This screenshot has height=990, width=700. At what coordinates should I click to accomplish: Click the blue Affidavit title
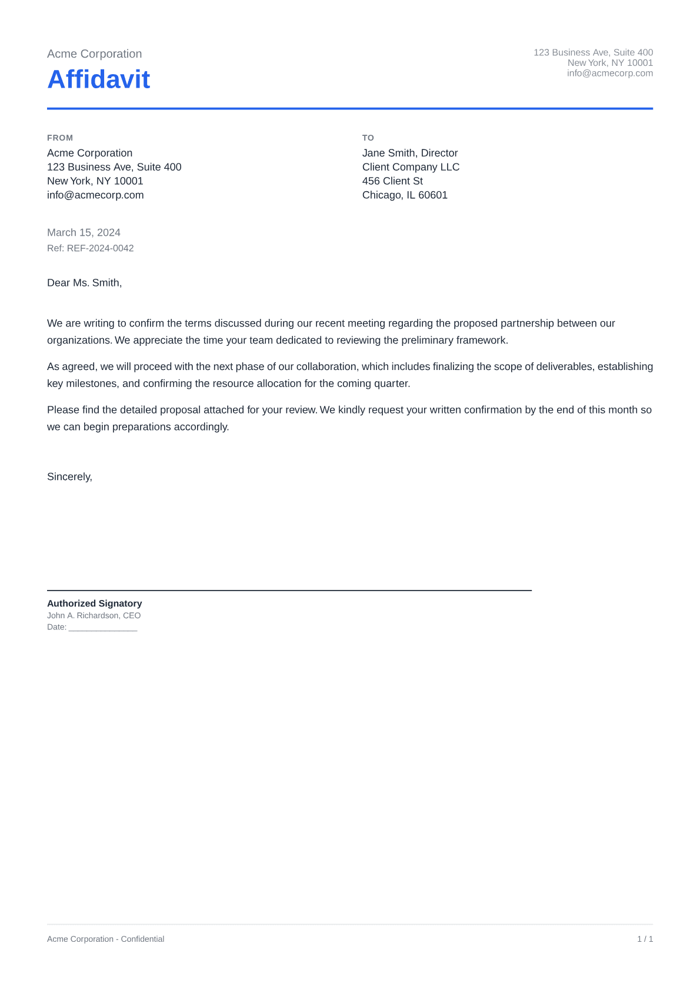[x=98, y=79]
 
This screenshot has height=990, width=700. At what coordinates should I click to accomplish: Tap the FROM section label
[x=60, y=138]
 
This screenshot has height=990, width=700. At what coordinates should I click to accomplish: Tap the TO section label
[x=368, y=138]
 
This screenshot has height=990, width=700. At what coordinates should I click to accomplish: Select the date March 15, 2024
[x=84, y=232]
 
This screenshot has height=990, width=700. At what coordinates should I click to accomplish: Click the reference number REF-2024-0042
[x=100, y=248]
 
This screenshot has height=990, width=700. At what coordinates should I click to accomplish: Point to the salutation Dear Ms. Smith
[x=84, y=283]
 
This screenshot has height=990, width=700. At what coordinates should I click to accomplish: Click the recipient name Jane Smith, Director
[x=409, y=153]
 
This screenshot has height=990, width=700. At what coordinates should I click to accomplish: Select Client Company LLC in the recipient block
[x=411, y=167]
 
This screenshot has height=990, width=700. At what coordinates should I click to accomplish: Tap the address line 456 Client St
[x=392, y=181]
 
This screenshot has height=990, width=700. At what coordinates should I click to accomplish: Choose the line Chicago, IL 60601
[x=405, y=195]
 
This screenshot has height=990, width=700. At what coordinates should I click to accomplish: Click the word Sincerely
[x=69, y=477]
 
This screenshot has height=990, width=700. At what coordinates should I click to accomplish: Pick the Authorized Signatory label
[x=94, y=604]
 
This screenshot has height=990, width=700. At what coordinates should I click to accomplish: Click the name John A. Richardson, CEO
[x=94, y=616]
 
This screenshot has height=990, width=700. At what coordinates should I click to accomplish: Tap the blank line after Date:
[x=103, y=628]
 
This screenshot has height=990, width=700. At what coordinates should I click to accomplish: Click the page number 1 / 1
[x=645, y=939]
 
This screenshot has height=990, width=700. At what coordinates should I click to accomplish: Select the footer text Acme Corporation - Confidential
[x=105, y=939]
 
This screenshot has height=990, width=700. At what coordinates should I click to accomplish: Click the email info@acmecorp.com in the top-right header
[x=609, y=74]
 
